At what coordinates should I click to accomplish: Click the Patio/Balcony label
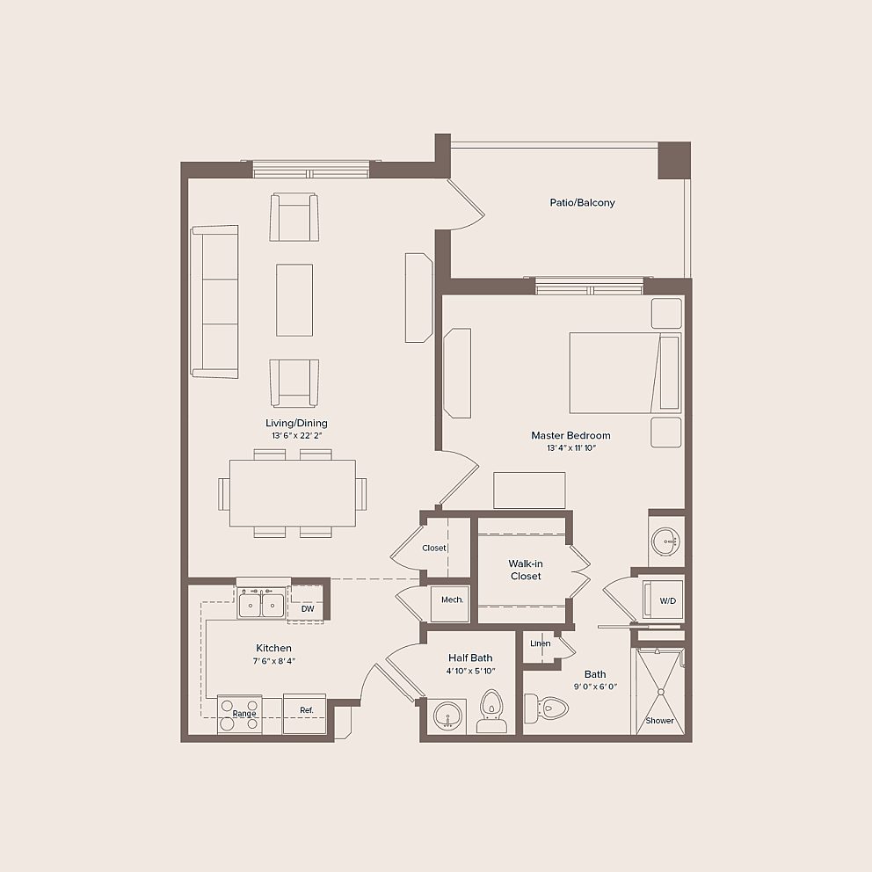click(582, 202)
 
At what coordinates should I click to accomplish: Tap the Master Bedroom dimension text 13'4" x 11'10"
click(571, 448)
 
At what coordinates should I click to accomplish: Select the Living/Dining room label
click(296, 423)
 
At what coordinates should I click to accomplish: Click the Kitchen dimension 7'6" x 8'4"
click(273, 661)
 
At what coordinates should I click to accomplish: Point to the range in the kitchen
click(240, 714)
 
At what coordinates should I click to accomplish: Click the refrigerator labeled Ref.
click(304, 714)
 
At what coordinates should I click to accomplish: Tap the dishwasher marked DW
click(308, 604)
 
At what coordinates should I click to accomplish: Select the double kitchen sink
click(261, 604)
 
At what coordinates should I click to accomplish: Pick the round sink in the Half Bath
click(447, 716)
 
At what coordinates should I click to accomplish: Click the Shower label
click(659, 720)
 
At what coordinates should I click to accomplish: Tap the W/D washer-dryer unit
click(663, 600)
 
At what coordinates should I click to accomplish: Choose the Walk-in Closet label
click(526, 570)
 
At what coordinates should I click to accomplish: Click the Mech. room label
click(452, 599)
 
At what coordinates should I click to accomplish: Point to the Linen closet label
click(540, 643)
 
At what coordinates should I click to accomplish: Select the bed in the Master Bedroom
click(625, 373)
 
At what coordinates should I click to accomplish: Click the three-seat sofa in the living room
click(214, 302)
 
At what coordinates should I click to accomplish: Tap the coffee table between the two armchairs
click(294, 301)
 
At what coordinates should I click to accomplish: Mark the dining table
click(293, 493)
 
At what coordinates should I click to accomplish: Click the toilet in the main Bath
click(546, 708)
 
